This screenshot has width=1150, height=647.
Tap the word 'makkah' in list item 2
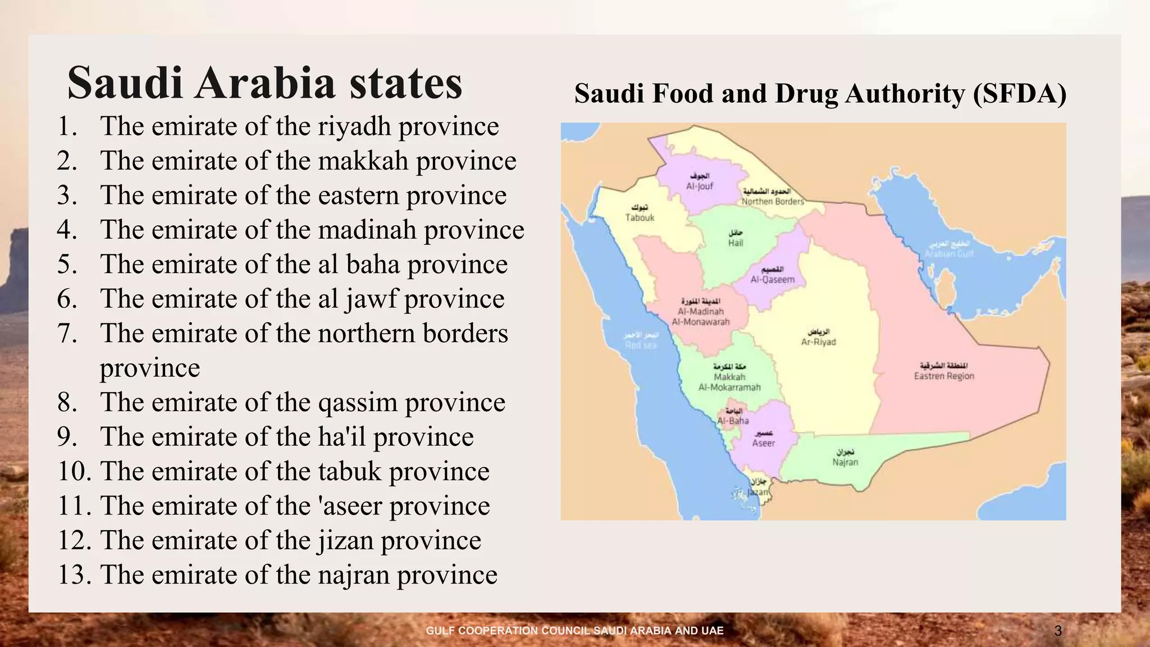tap(363, 161)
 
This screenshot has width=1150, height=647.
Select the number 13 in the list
tap(74, 575)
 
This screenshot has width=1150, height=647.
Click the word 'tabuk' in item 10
tap(349, 472)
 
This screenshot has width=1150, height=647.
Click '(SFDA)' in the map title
tap(1020, 94)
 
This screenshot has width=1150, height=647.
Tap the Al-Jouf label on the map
tap(699, 186)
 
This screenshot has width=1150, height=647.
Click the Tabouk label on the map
tap(640, 217)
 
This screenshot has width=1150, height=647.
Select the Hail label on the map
tap(735, 243)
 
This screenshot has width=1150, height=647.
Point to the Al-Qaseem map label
tap(772, 279)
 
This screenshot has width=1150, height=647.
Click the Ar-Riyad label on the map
tap(818, 341)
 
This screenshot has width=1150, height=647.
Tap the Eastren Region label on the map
tap(943, 376)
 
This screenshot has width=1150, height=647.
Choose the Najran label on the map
tap(845, 462)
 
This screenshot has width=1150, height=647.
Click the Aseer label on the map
tap(763, 443)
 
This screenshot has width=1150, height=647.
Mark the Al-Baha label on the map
tap(733, 420)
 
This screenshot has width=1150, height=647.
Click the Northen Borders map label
tap(773, 201)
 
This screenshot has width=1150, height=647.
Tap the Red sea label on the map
tap(641, 345)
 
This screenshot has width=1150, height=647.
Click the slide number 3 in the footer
tap(1058, 631)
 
